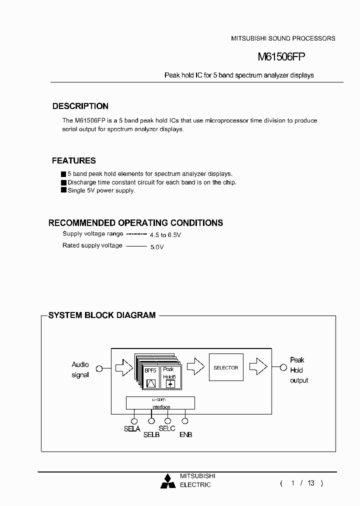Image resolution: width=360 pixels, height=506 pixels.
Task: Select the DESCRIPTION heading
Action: click(80, 106)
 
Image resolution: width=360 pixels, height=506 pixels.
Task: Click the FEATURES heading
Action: click(74, 160)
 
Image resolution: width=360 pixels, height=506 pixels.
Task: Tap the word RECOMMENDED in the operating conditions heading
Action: click(81, 223)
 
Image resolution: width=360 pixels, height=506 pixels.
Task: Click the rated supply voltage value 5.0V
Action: click(157, 246)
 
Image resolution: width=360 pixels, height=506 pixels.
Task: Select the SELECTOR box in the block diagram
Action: click(226, 367)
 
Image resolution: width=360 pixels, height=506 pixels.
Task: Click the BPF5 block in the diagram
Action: click(150, 377)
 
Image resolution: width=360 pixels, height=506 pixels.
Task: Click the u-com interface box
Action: click(160, 403)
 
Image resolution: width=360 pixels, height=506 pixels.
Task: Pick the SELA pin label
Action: click(132, 429)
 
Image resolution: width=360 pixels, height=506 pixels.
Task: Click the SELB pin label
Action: click(151, 434)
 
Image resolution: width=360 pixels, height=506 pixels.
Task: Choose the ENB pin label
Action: click(185, 434)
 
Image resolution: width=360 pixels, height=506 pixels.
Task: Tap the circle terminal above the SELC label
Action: click(168, 421)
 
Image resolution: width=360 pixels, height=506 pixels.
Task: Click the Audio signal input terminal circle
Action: click(99, 368)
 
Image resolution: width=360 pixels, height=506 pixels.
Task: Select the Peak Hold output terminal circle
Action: click(283, 368)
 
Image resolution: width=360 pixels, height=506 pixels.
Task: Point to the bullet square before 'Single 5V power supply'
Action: click(63, 190)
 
